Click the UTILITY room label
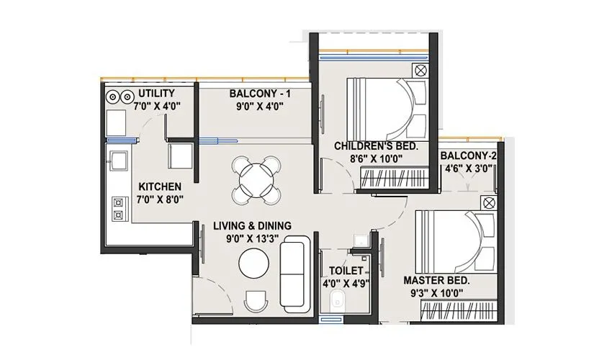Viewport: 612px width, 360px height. click(x=156, y=94)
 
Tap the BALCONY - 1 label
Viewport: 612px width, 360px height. click(x=256, y=94)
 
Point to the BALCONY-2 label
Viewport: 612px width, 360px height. click(x=468, y=156)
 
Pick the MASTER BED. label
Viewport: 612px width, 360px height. click(x=437, y=280)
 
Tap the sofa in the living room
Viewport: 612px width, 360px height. click(x=292, y=269)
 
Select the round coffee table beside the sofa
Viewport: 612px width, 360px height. click(x=254, y=263)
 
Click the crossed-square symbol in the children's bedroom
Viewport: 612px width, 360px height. click(x=420, y=71)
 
